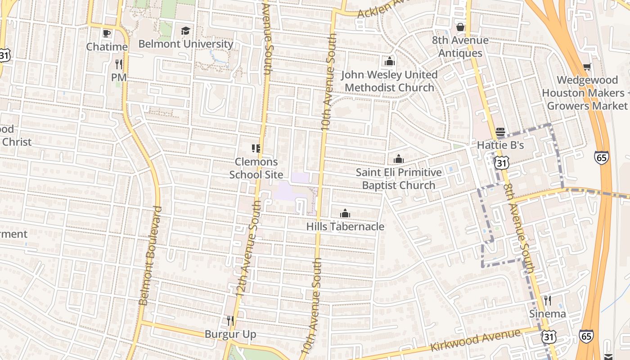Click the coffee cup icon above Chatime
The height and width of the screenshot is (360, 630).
pyautogui.click(x=107, y=33)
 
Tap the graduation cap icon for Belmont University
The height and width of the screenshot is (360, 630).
pyautogui.click(x=185, y=31)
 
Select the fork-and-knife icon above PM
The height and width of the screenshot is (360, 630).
pyautogui.click(x=119, y=64)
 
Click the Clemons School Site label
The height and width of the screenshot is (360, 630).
pyautogui.click(x=256, y=168)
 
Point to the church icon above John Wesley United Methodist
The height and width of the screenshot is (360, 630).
pyautogui.click(x=390, y=61)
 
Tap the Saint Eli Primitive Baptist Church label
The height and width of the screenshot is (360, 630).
pyautogui.click(x=399, y=179)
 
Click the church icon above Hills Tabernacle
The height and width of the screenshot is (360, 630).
pyautogui.click(x=345, y=213)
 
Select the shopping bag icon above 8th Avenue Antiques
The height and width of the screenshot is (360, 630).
pyautogui.click(x=460, y=27)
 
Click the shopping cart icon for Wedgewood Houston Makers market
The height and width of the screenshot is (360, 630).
pyautogui.click(x=587, y=67)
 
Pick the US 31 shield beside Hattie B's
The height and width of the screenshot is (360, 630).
pyautogui.click(x=501, y=162)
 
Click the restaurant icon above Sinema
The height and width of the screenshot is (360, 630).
pyautogui.click(x=547, y=300)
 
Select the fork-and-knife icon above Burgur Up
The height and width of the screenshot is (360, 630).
pyautogui.click(x=230, y=321)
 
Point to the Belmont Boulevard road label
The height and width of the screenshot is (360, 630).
pyautogui.click(x=150, y=256)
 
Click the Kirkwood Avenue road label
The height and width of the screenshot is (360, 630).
pyautogui.click(x=476, y=341)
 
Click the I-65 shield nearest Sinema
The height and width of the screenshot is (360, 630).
pyautogui.click(x=585, y=336)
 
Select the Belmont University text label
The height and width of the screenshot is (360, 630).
pyautogui.click(x=185, y=44)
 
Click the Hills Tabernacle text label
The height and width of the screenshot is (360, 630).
pyautogui.click(x=345, y=226)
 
